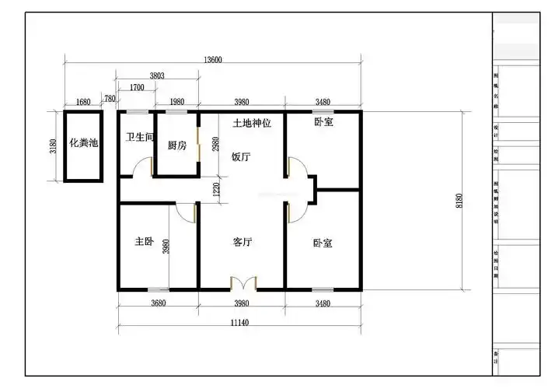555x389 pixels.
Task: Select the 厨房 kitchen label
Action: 176,145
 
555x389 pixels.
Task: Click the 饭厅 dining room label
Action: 241,156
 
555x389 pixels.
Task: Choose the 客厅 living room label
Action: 243,242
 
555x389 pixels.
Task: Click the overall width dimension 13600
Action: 213,60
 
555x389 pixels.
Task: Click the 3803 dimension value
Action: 157,75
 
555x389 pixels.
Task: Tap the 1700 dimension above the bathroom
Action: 136,87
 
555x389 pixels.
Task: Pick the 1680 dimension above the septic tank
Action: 83,102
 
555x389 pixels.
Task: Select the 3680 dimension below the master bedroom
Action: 158,303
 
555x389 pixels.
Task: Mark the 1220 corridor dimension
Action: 218,187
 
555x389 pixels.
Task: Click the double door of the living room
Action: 243,282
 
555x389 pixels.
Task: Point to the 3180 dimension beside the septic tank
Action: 53,146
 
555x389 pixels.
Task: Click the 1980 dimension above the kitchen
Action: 176,102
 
